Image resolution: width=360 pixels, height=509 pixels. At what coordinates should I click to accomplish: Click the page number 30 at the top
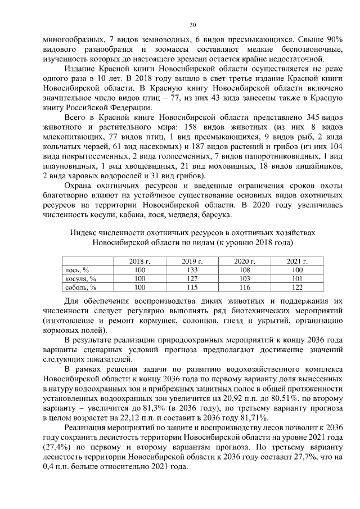click(x=192, y=25)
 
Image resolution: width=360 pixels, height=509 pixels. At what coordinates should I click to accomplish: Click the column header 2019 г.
click(x=192, y=262)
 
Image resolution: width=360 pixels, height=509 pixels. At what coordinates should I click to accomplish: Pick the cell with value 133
click(x=192, y=270)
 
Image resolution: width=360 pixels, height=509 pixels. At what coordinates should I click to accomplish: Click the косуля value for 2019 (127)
click(x=192, y=278)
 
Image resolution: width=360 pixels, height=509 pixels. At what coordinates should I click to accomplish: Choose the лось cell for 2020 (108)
click(x=245, y=270)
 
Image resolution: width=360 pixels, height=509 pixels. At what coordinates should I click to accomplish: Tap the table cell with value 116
click(x=245, y=287)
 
